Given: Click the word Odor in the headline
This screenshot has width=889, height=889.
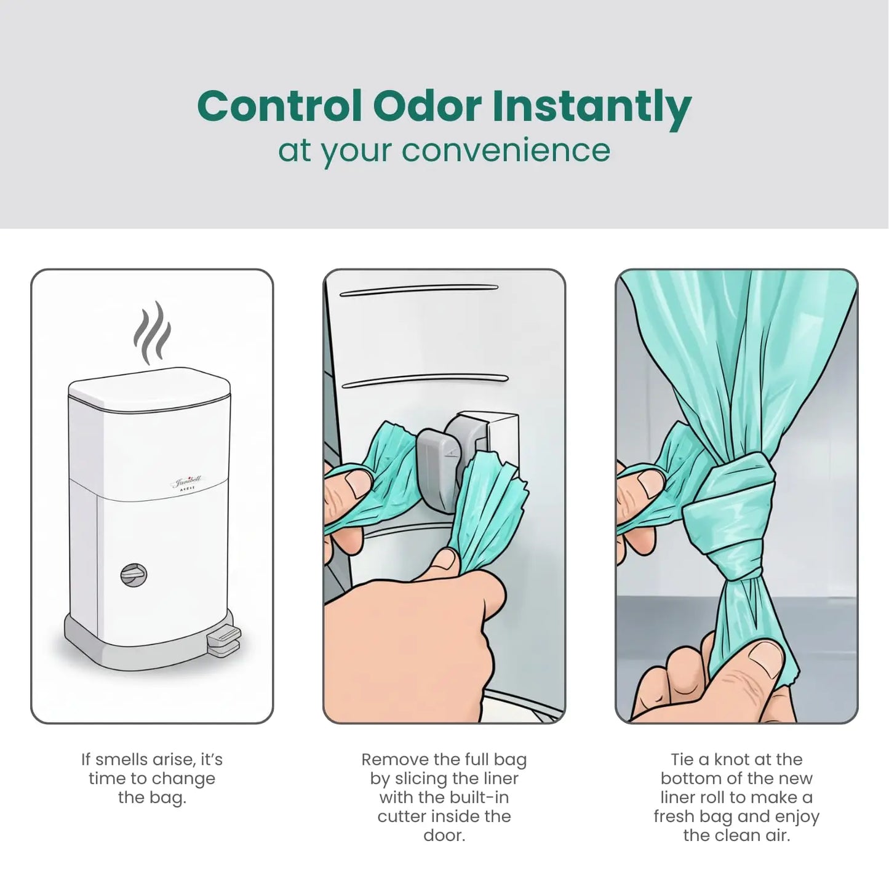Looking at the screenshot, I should click(x=426, y=106).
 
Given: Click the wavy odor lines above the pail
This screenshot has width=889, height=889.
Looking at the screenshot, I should click(x=152, y=333).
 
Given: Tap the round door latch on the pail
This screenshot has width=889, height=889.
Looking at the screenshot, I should click(x=134, y=575).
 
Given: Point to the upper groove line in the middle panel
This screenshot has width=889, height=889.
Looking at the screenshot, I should click(x=418, y=289).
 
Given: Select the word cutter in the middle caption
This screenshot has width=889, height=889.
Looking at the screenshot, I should click(x=403, y=816).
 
